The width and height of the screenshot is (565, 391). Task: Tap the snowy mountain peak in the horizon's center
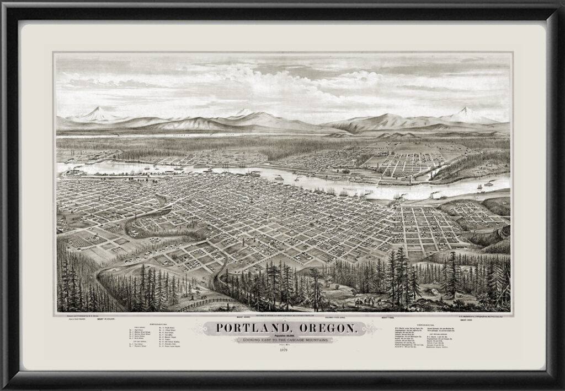(243, 112)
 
